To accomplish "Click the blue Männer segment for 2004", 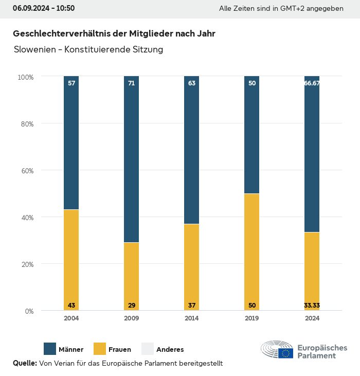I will [71, 143].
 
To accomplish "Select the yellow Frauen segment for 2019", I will [252, 252].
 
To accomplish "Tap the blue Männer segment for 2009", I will [132, 159].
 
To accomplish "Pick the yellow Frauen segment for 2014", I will [192, 267].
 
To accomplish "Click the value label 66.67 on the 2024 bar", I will [312, 83].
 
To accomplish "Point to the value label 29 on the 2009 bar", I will [132, 306].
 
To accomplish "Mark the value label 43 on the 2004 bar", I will [71, 306].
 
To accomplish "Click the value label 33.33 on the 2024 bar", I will [312, 306].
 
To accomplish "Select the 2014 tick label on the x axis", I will [192, 318].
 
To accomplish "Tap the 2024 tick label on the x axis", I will [312, 318].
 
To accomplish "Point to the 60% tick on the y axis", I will [26, 170].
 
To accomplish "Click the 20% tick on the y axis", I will [26, 264].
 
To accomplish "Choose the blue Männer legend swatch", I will [50, 349].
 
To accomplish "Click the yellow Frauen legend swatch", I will [99, 349].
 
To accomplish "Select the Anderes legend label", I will [170, 349].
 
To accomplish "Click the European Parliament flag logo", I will [285, 353].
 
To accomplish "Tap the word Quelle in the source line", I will [25, 363].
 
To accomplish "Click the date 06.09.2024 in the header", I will [30, 8].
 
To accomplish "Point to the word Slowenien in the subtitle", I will [34, 50].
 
